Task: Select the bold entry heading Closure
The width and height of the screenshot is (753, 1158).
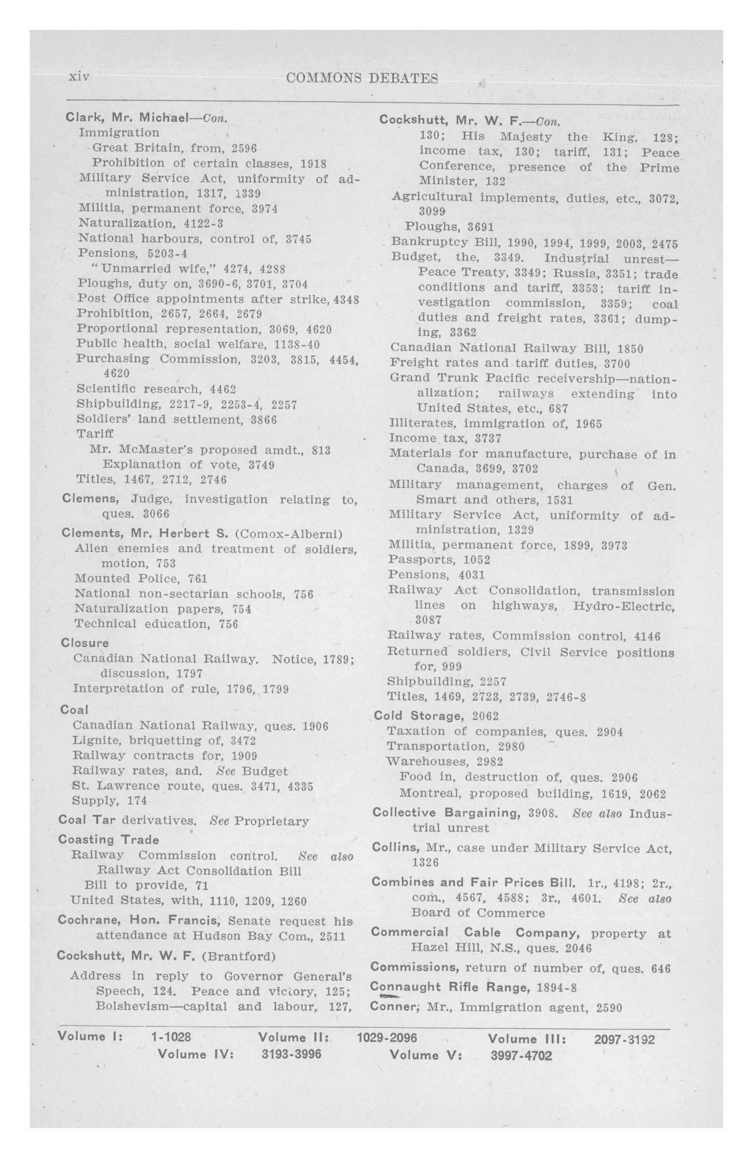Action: [x=85, y=643]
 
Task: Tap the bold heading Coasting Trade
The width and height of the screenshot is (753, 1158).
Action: [x=109, y=840]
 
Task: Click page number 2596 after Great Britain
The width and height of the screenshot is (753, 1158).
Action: [x=244, y=148]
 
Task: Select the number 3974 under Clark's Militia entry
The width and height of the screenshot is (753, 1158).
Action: [x=265, y=209]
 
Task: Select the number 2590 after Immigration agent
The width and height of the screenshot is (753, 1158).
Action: [x=609, y=1007]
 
